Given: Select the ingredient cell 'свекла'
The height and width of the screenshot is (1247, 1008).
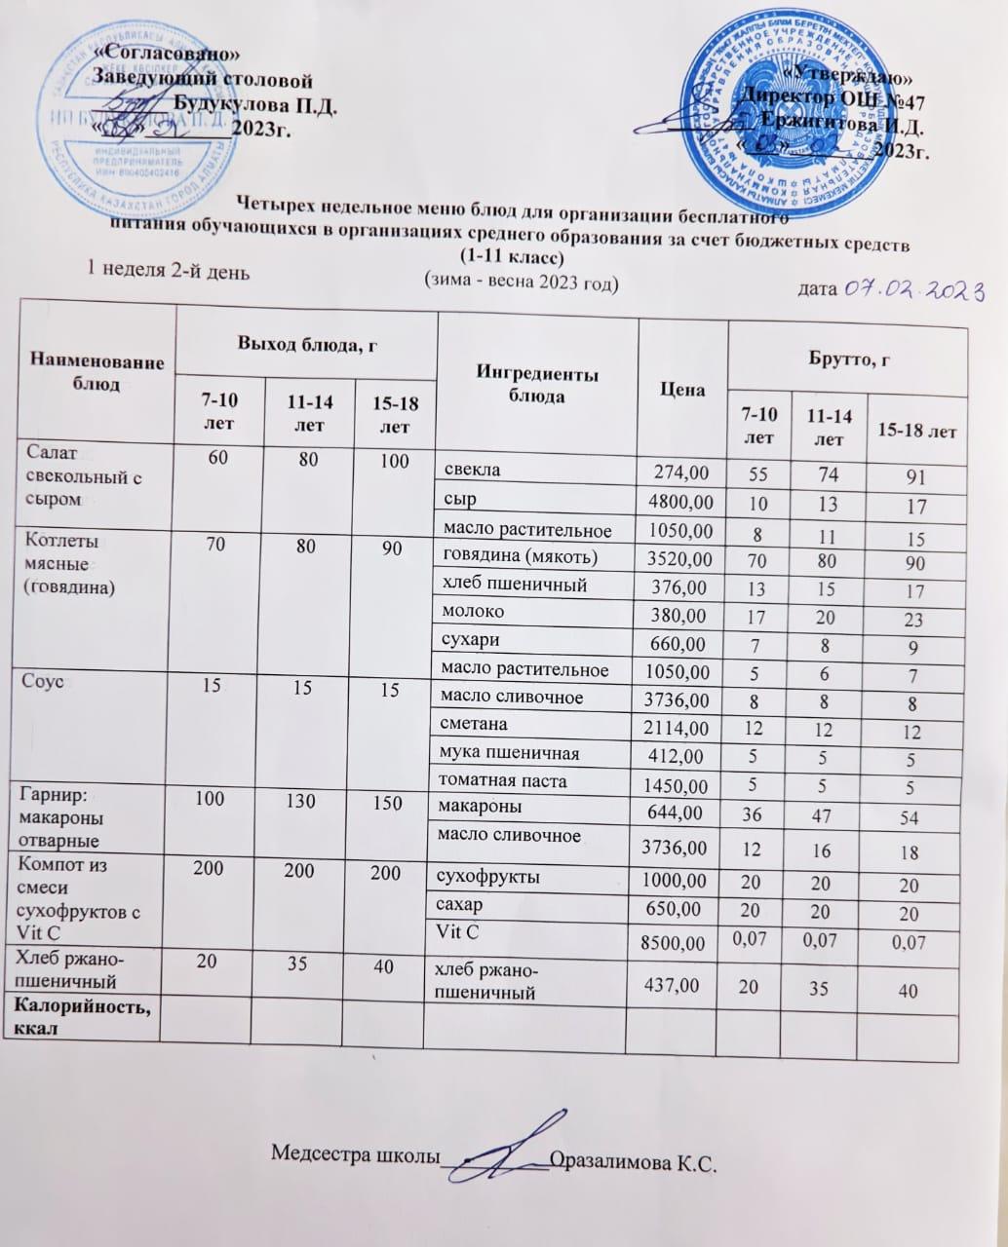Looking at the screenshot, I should click(472, 470).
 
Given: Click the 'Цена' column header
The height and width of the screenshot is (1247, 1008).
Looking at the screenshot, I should click(682, 389).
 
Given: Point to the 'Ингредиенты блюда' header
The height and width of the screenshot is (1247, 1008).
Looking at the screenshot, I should click(537, 386).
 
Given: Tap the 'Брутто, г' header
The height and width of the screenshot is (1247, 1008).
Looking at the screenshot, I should click(847, 359).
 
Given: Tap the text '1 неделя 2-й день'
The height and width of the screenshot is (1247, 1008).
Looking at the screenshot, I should click(169, 272).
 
